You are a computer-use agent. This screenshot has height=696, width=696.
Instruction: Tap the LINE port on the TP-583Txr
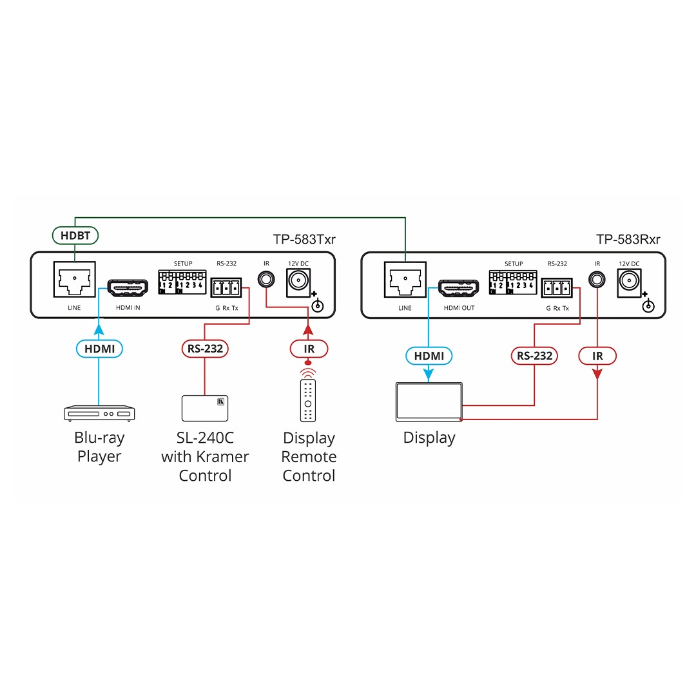[75, 281]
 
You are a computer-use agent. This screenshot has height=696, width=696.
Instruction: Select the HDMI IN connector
[128, 287]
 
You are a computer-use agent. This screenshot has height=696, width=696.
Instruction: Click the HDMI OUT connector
[459, 287]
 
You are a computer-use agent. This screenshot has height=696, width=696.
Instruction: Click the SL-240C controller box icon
[204, 408]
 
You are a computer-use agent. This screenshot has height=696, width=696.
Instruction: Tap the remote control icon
[309, 400]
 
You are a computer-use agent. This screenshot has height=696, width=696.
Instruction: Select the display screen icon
[429, 402]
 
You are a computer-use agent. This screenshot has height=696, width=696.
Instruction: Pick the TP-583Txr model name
[304, 240]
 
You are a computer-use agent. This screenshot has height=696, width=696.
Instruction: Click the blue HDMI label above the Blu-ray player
[99, 349]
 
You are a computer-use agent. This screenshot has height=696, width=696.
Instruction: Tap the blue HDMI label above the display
[429, 355]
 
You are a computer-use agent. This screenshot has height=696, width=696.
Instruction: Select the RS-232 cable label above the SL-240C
[205, 349]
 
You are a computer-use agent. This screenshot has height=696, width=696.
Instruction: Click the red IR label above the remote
[309, 349]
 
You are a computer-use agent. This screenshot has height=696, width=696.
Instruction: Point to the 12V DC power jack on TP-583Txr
[298, 282]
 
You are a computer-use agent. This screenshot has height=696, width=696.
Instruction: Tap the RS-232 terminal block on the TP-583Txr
[226, 287]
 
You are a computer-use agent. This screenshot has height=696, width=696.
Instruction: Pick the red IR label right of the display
[597, 355]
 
